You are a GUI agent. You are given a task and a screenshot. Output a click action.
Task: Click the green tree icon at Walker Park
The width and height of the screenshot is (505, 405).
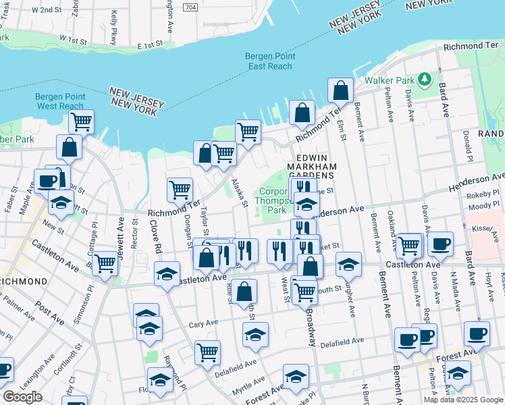coord(424,80)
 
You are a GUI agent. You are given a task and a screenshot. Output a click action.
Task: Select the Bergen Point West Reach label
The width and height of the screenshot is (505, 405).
coord(61,101)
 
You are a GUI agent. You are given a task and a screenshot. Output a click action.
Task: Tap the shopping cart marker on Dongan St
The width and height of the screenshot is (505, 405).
coord(180,190)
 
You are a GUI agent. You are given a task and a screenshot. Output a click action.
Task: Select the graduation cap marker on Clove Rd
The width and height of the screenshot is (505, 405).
coord(167,273)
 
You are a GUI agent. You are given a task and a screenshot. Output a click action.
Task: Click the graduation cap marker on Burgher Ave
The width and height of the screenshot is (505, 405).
coord(348,264)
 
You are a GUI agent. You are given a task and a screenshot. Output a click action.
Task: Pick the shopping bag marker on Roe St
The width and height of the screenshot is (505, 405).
coord(244,292)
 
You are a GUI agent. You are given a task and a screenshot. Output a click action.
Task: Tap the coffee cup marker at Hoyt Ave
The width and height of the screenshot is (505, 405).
coord(477,333)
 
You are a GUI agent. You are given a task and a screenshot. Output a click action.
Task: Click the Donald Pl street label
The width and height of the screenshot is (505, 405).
coord(467,142)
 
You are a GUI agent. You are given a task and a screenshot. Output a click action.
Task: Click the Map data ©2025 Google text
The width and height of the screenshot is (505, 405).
coord(462,400)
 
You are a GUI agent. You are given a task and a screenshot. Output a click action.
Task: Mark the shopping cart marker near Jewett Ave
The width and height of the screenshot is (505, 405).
coord(105,263)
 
